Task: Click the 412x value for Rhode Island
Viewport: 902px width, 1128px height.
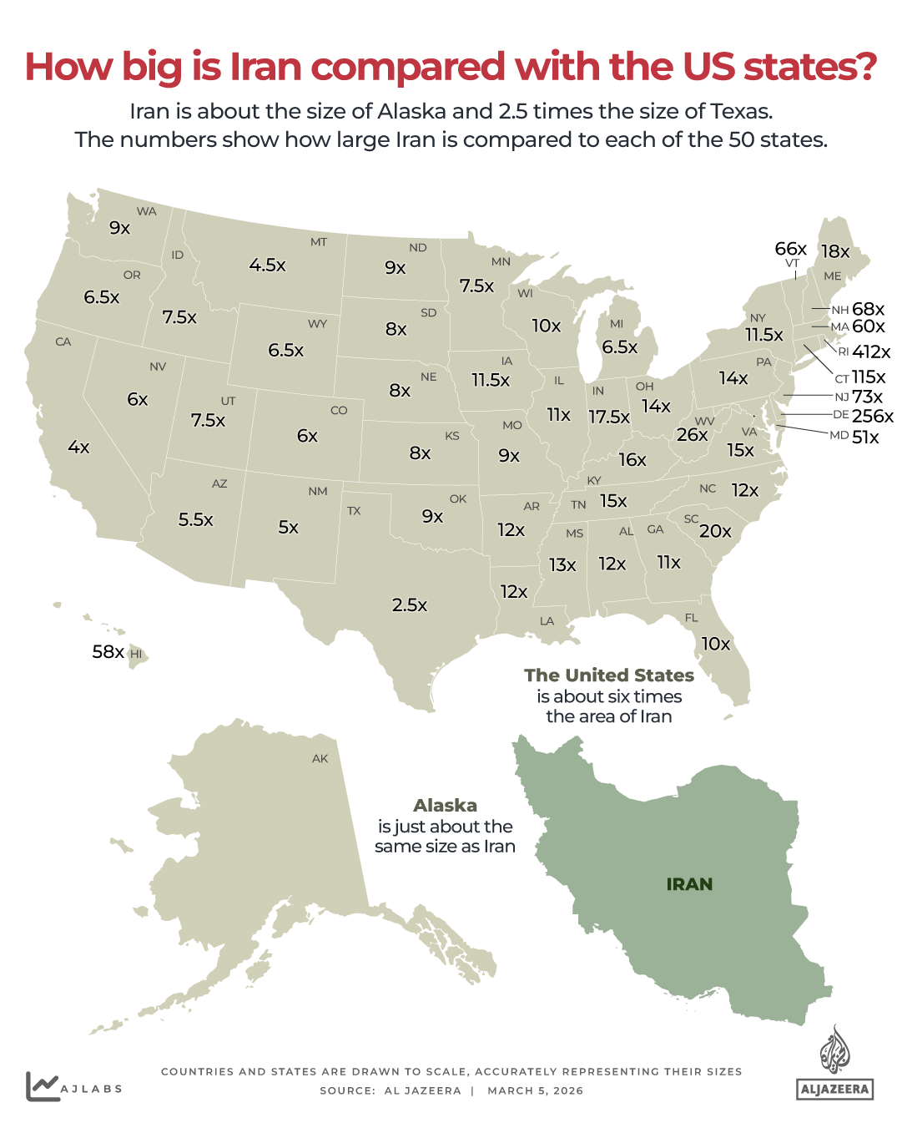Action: point(871,352)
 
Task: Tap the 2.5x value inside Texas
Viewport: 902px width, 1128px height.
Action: point(410,605)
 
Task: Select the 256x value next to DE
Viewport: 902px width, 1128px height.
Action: point(873,416)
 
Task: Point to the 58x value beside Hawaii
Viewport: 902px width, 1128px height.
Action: point(108,652)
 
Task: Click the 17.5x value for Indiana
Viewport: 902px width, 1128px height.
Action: point(609,417)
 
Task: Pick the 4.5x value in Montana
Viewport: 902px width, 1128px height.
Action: point(267,266)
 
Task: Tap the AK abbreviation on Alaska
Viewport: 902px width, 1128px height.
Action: point(320,759)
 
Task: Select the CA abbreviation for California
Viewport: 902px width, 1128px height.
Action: point(63,342)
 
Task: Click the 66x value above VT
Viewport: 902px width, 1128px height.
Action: point(790,249)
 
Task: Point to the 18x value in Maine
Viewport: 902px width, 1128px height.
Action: point(834,252)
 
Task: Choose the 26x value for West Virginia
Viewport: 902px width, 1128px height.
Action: point(692,435)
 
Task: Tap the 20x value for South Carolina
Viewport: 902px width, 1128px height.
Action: point(715,532)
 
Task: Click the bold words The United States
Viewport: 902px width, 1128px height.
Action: point(609,675)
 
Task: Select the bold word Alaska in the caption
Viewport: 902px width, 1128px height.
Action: point(446,806)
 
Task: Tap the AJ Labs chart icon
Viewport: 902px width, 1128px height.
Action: point(42,1086)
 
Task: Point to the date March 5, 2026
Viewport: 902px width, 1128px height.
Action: point(535,1091)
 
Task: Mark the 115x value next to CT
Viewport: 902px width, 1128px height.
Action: point(869,377)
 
